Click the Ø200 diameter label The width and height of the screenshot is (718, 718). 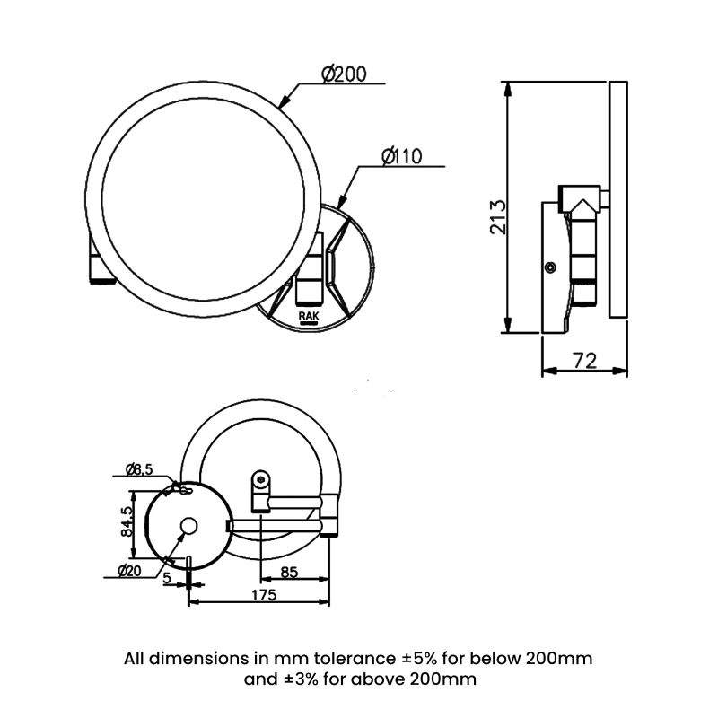click(x=342, y=74)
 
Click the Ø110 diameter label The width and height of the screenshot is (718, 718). click(x=401, y=156)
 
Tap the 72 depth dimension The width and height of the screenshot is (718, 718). click(x=584, y=361)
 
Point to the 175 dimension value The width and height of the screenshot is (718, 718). click(x=263, y=595)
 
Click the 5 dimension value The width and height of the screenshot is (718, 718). click(x=168, y=579)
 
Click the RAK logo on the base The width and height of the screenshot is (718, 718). click(x=307, y=317)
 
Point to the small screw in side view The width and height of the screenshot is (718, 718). click(x=550, y=267)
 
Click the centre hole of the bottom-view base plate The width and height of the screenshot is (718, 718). click(x=189, y=526)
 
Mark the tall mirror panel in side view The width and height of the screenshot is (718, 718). click(x=617, y=199)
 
